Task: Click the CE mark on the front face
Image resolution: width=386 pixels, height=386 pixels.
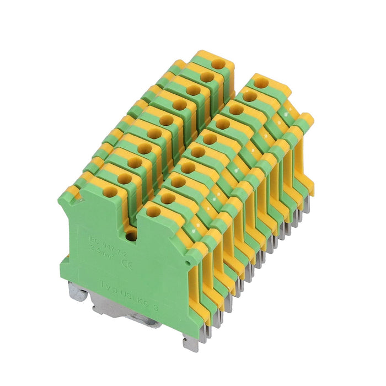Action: click(125, 264)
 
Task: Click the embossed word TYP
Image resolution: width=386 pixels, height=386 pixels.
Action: click(109, 285)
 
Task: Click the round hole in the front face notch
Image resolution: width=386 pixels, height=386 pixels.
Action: click(131, 236)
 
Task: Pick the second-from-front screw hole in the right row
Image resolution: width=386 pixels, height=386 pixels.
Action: click(168, 196)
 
